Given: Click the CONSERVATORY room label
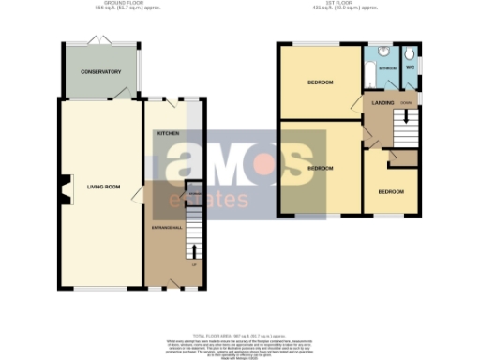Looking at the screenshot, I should [x=101, y=71].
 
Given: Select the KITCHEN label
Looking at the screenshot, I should [x=168, y=134].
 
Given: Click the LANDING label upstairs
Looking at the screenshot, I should [x=382, y=101].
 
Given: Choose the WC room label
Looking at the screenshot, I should [x=410, y=67].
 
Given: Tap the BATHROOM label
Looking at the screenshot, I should [x=385, y=68].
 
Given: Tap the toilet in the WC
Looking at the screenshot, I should [x=411, y=52].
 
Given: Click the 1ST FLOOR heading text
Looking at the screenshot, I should [x=346, y=4].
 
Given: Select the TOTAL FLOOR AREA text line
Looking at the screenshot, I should [x=239, y=334].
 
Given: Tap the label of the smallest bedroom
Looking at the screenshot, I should [x=391, y=191].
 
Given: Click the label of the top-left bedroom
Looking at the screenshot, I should [x=321, y=82].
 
